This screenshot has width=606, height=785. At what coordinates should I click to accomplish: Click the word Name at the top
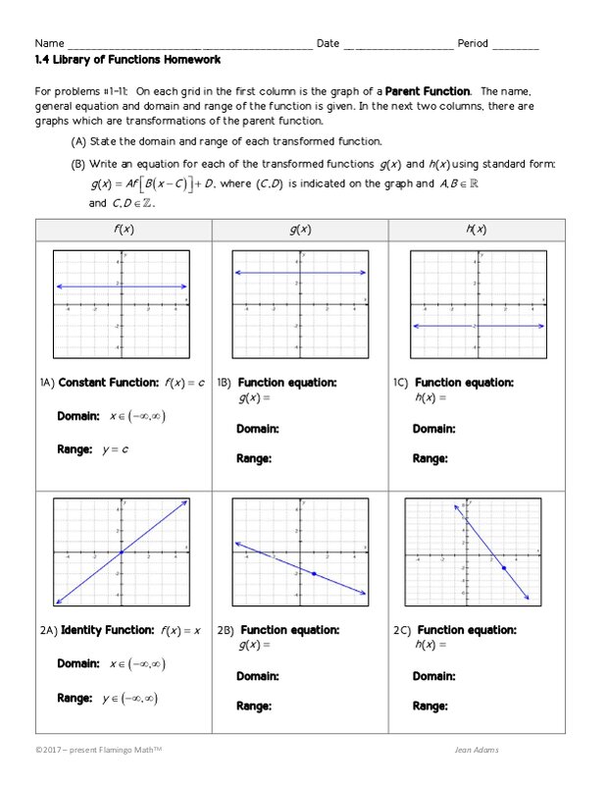pyautogui.click(x=49, y=44)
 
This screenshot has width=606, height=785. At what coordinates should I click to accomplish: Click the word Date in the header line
pyautogui.click(x=328, y=44)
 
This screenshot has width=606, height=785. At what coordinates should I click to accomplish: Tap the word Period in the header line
pyautogui.click(x=474, y=44)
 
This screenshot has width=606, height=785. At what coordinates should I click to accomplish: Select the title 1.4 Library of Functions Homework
pyautogui.click(x=127, y=60)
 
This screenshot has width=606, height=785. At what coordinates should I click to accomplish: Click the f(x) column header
pyautogui.click(x=123, y=230)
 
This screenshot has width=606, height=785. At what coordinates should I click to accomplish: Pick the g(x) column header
pyautogui.click(x=300, y=230)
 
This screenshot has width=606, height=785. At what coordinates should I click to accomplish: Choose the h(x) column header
pyautogui.click(x=477, y=230)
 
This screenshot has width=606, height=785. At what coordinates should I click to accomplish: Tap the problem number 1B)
pyautogui.click(x=224, y=383)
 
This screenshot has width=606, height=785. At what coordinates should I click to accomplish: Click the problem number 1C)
pyautogui.click(x=400, y=383)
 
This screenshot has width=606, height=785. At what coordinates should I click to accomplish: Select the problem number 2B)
pyautogui.click(x=225, y=630)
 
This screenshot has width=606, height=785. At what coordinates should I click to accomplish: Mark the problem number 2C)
pyautogui.click(x=401, y=630)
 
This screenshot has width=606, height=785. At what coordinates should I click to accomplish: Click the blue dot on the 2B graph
pyautogui.click(x=314, y=573)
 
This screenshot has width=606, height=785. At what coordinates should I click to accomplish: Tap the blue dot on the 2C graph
pyautogui.click(x=503, y=568)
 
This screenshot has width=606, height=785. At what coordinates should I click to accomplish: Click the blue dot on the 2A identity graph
pyautogui.click(x=122, y=552)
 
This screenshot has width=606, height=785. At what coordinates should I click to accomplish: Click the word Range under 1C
pyautogui.click(x=429, y=458)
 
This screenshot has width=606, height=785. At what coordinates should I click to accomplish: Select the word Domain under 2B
pyautogui.click(x=257, y=676)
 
